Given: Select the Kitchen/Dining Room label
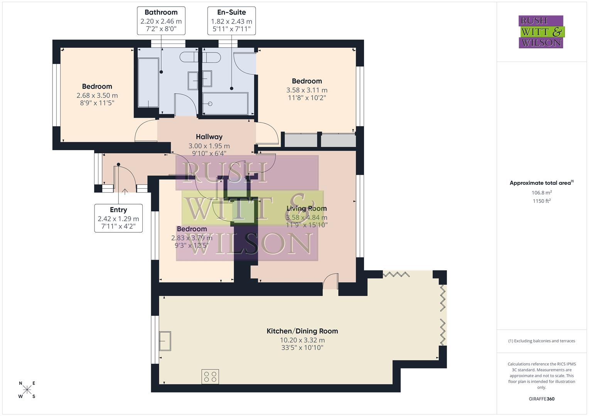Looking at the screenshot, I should [x=302, y=331].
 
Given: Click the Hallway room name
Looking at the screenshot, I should [x=209, y=137].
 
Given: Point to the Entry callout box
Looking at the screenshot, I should [x=118, y=218].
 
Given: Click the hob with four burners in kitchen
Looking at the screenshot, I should [x=210, y=376].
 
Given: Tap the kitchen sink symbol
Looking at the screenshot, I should [x=165, y=341].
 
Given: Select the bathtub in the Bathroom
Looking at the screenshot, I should [x=149, y=83].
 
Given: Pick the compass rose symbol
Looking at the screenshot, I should [x=27, y=390].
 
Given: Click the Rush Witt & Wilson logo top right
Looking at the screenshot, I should [x=541, y=32].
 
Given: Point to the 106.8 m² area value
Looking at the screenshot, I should [x=541, y=193].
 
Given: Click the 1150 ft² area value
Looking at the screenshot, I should [x=541, y=201].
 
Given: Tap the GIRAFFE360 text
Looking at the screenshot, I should [x=541, y=399].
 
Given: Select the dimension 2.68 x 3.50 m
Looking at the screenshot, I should [x=97, y=96].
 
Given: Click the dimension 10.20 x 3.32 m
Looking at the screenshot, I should [x=302, y=340].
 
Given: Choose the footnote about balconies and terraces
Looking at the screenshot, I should [x=541, y=341].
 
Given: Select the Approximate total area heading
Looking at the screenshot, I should [x=541, y=183].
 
